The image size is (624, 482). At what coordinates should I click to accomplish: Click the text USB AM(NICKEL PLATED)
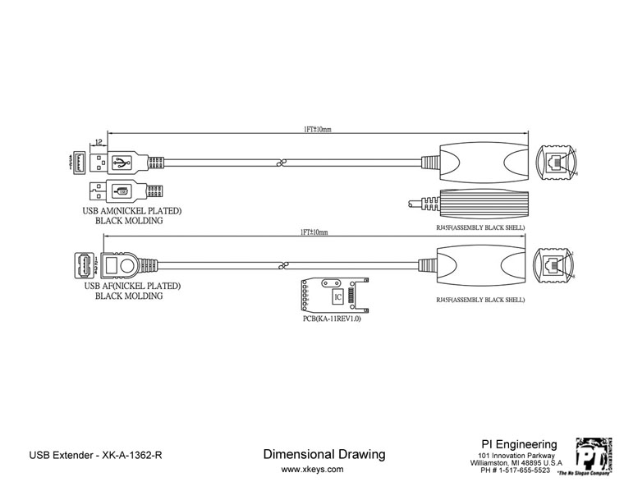click(131, 211)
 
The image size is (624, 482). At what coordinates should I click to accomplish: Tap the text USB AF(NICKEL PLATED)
click(131, 287)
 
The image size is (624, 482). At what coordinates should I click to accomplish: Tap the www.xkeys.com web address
click(313, 470)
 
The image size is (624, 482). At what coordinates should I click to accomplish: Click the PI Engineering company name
click(518, 444)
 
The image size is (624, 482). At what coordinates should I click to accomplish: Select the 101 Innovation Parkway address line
click(518, 456)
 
